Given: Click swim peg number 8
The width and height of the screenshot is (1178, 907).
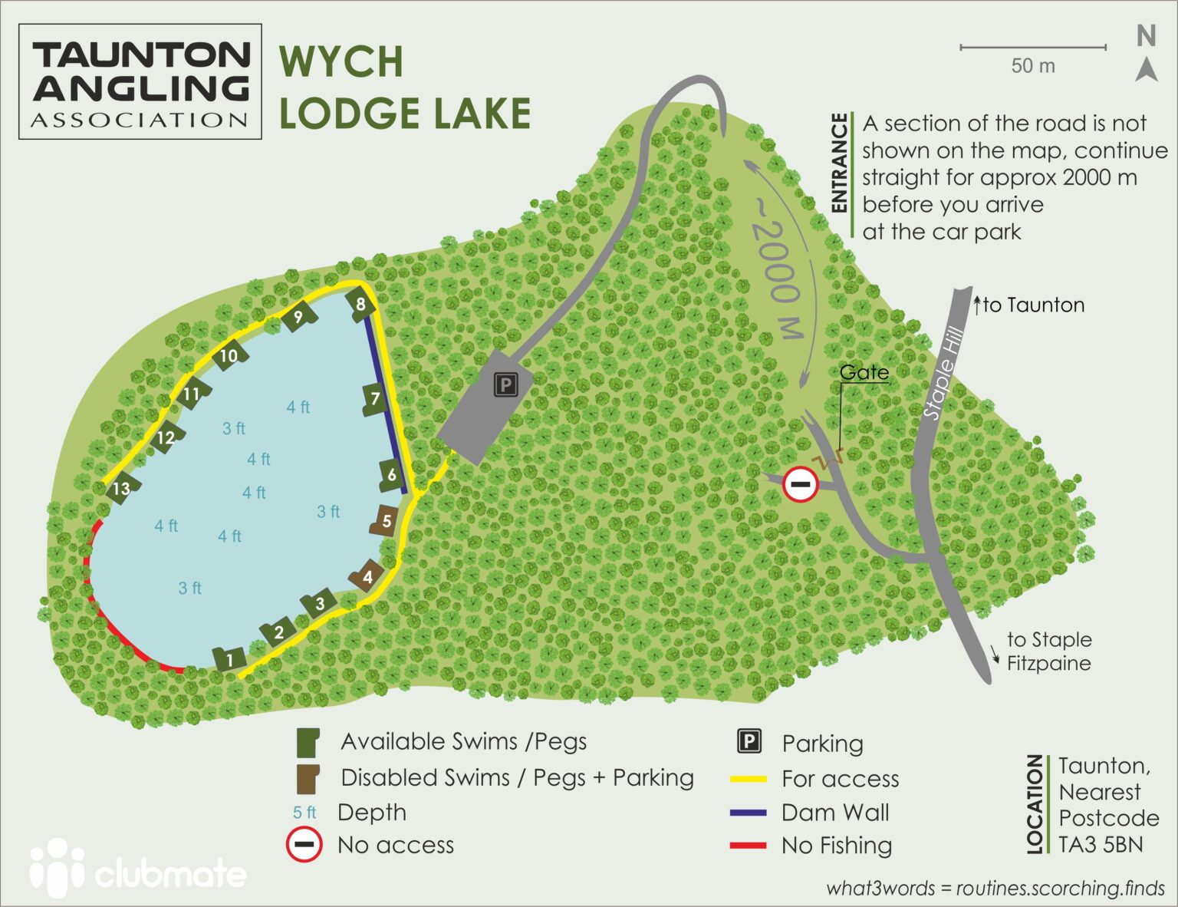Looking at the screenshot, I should [x=360, y=303].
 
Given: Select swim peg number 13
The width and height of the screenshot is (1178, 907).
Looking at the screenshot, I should [x=121, y=489].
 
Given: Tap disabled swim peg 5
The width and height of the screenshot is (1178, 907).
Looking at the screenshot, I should [x=385, y=521].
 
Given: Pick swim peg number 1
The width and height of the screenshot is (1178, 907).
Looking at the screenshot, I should [x=229, y=658].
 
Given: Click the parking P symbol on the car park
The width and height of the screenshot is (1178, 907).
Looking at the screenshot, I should [x=505, y=384].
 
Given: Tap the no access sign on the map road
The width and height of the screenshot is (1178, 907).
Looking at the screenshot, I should [x=800, y=484].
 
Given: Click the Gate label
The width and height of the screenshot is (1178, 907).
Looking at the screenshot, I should [x=864, y=372].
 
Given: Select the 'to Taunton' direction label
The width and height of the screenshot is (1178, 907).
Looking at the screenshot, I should [x=1032, y=305].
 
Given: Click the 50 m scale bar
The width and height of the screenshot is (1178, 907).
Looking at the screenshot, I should [x=1032, y=48].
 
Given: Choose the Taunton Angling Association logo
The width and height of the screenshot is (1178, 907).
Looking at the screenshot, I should [x=140, y=81].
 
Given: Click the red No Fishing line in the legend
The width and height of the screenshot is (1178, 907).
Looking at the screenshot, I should [x=748, y=846].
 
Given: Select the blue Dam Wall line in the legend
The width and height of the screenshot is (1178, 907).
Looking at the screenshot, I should [x=748, y=813].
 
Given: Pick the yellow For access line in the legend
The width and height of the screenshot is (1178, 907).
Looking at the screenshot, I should [x=748, y=779].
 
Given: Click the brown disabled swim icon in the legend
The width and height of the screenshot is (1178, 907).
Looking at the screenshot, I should [x=308, y=778].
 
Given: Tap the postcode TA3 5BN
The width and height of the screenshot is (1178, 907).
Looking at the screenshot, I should [x=1100, y=844].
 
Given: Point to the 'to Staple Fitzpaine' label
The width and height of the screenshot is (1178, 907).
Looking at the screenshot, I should [x=1048, y=651].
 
